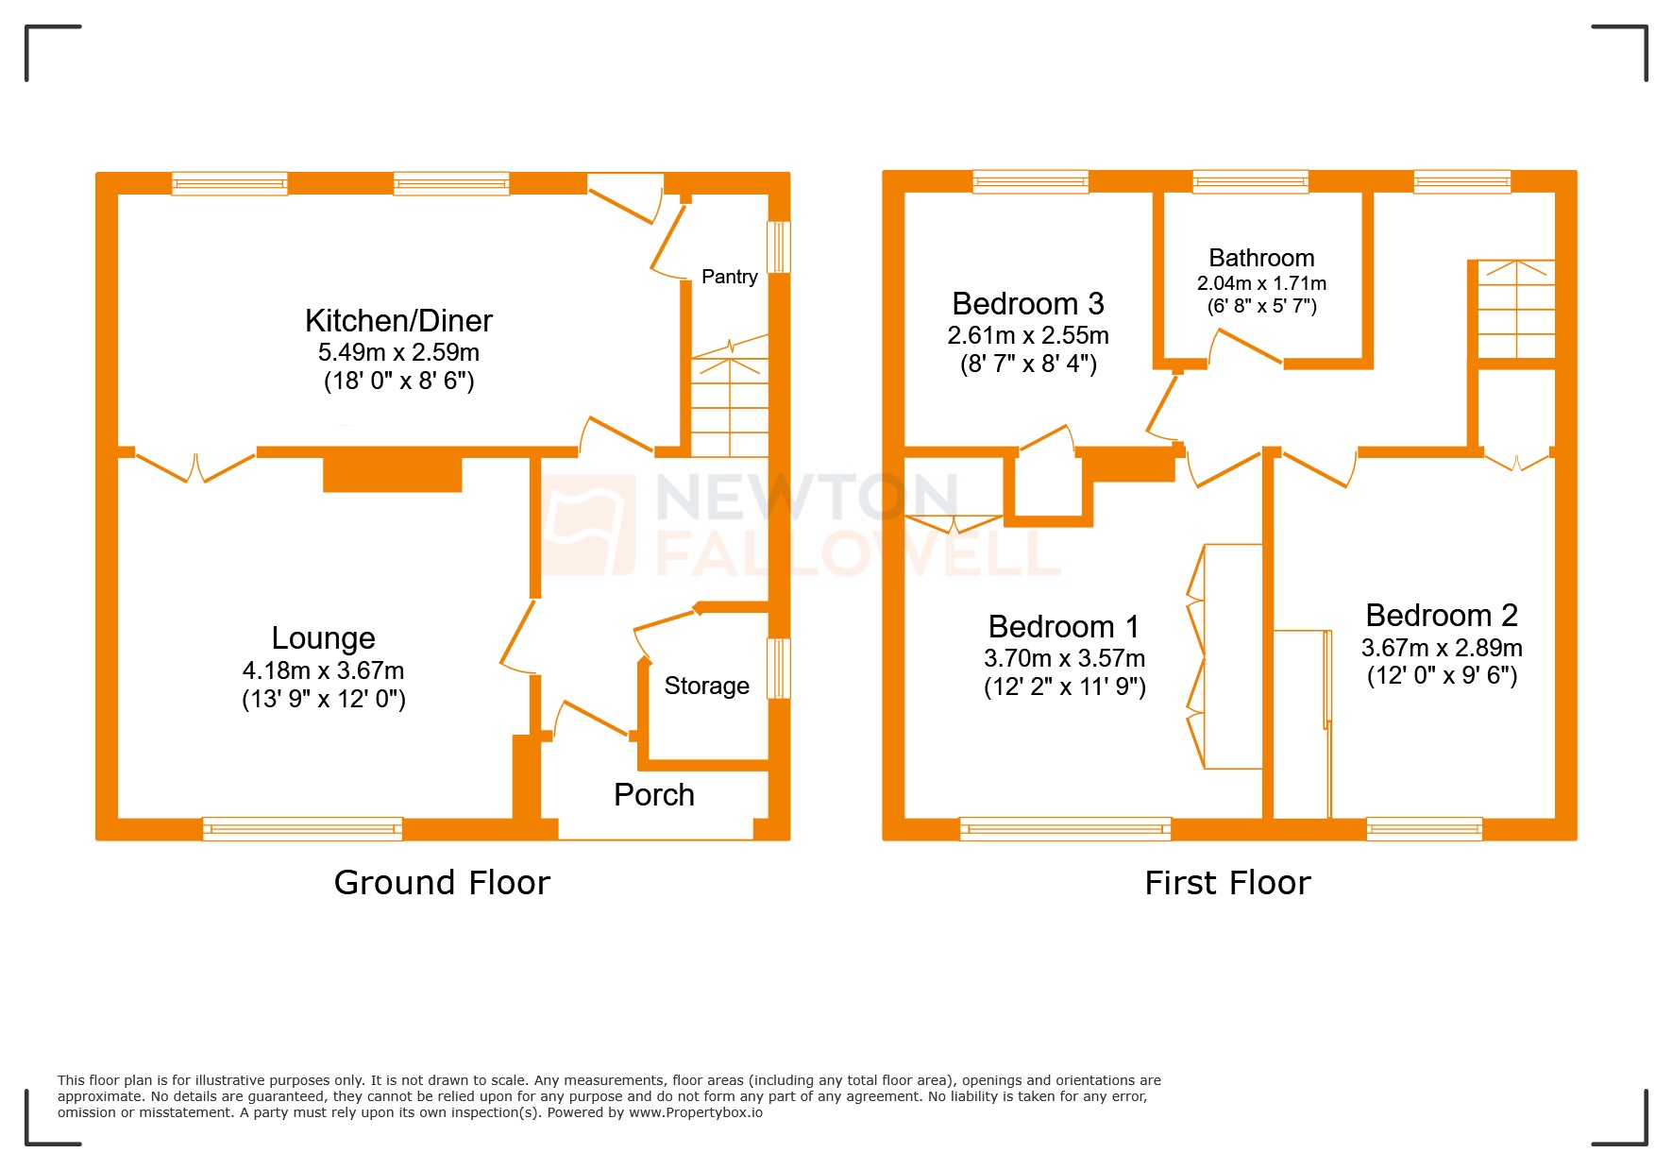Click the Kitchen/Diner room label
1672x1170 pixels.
[398, 321]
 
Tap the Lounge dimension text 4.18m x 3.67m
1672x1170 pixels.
[323, 670]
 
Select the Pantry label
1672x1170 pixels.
[729, 277]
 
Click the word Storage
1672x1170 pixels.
[706, 686]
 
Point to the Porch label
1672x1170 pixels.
[653, 795]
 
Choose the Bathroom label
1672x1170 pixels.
[1261, 258]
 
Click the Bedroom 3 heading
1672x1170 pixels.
[1027, 304]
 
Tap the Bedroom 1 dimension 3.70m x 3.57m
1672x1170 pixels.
[1064, 658]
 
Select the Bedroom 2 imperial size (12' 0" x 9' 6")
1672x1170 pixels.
[1442, 676]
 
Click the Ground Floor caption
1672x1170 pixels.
[442, 883]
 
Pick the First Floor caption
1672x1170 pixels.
[1227, 883]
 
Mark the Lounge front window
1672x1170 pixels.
[302, 829]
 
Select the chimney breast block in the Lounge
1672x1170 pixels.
[392, 474]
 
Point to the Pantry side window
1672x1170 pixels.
[778, 247]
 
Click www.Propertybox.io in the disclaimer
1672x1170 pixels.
[695, 1112]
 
